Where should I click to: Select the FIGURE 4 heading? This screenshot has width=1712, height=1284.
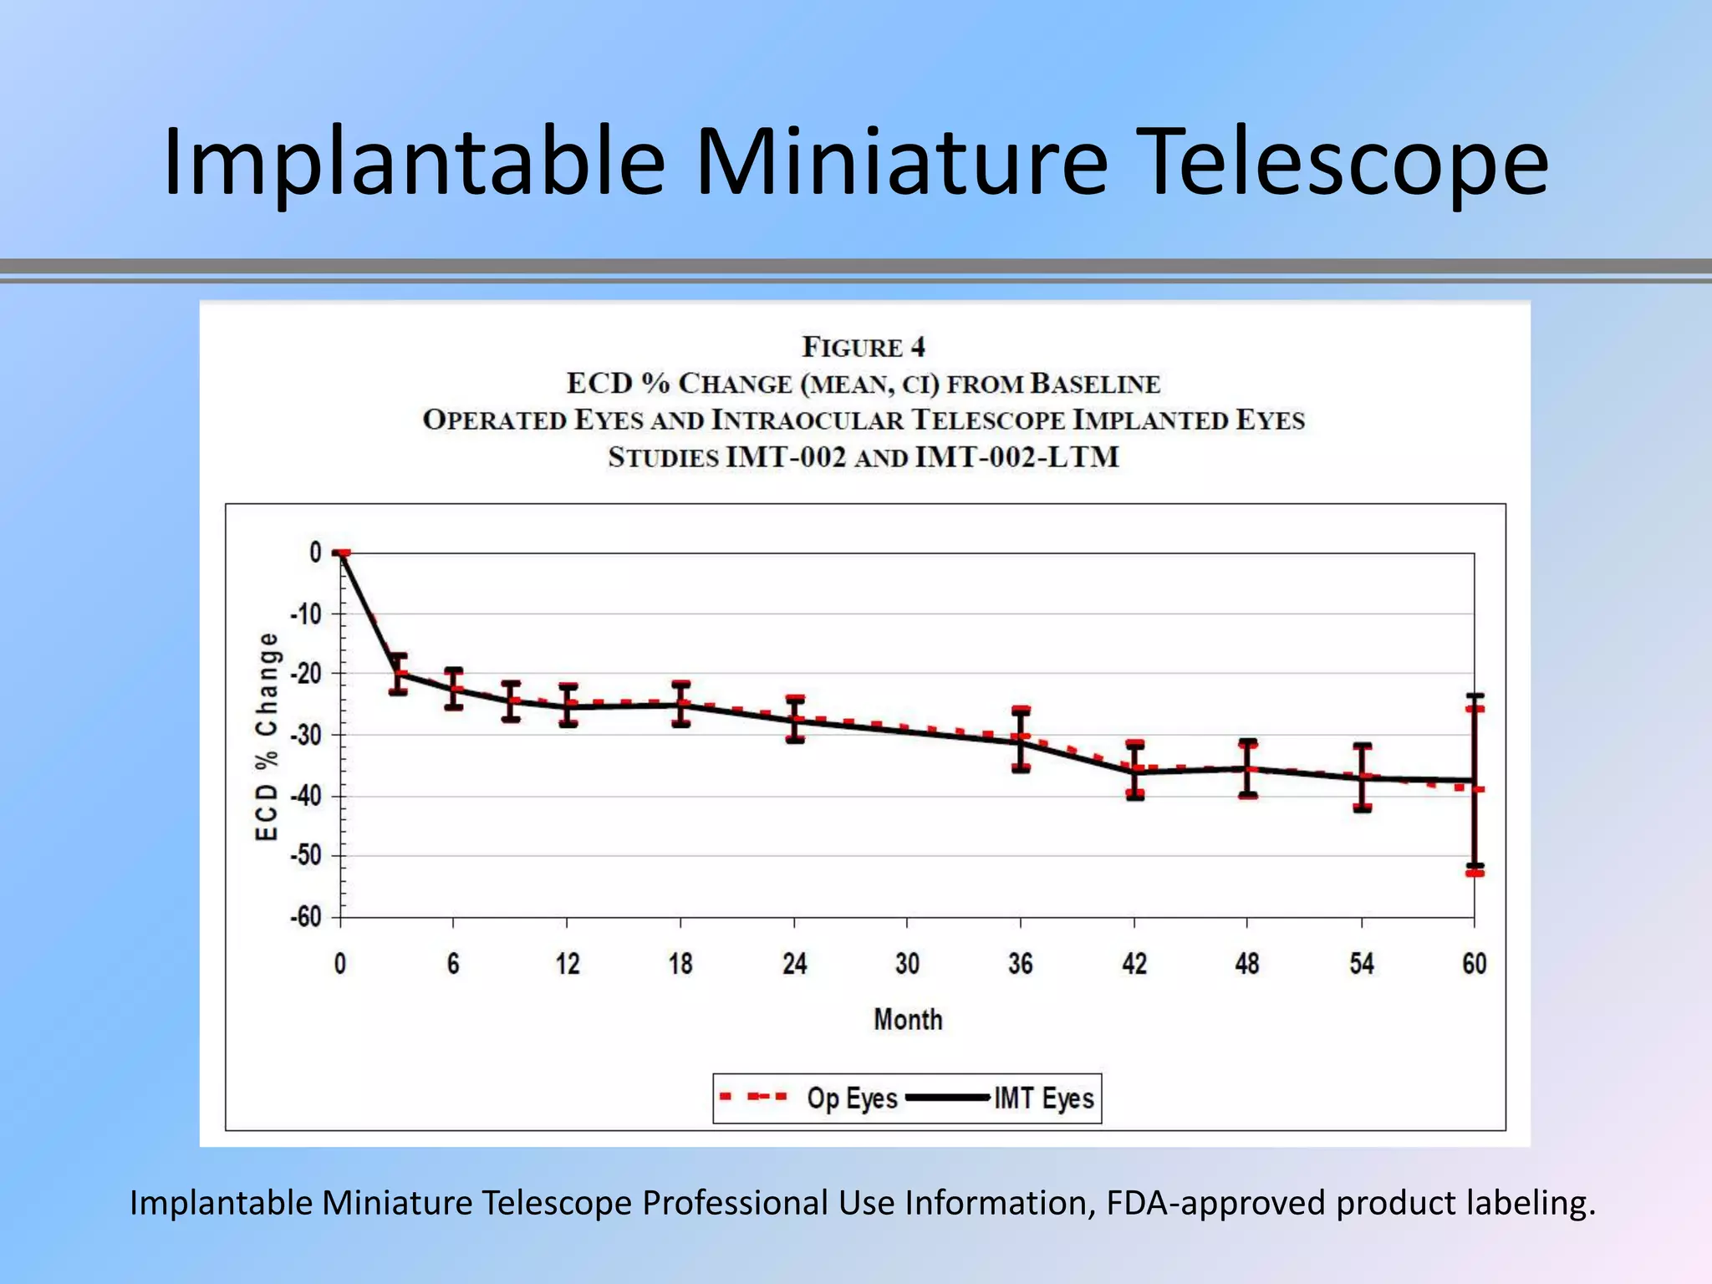(x=864, y=347)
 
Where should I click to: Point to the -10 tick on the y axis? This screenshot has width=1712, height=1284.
(x=306, y=614)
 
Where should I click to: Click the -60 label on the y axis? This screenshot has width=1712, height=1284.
(x=306, y=917)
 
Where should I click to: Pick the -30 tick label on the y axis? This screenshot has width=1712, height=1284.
(x=306, y=735)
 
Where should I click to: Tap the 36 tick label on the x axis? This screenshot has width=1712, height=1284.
(x=1021, y=964)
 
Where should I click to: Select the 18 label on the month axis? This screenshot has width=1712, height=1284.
(x=680, y=964)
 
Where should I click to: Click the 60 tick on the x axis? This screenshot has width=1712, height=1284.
(x=1475, y=964)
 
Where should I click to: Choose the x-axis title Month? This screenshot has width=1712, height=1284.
(x=908, y=1020)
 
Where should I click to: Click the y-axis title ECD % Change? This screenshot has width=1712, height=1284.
(x=266, y=736)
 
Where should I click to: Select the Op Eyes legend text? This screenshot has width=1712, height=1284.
(x=852, y=1098)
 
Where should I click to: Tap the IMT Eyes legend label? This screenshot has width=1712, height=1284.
(x=1044, y=1098)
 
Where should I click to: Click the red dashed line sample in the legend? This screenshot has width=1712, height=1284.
(x=753, y=1097)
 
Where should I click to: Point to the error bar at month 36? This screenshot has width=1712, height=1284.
(x=1021, y=739)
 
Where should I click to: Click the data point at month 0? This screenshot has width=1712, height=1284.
(x=341, y=553)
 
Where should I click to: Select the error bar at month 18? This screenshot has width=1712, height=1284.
(x=681, y=704)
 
